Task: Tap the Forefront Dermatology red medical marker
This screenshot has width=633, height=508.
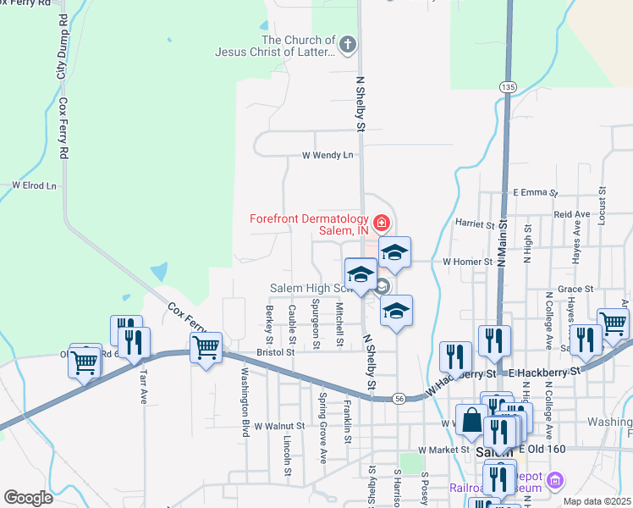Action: click(x=383, y=224)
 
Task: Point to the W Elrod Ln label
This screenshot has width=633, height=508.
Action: click(x=34, y=185)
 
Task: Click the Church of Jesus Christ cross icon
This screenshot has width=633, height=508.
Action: click(x=346, y=43)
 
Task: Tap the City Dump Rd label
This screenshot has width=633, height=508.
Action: click(x=62, y=58)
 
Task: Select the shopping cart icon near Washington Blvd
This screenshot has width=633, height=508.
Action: click(x=206, y=347)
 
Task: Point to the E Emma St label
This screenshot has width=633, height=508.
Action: click(x=535, y=193)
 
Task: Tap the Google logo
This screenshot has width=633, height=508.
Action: click(x=28, y=498)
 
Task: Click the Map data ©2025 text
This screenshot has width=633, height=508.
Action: click(x=597, y=501)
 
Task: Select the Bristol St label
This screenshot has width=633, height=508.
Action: click(x=275, y=351)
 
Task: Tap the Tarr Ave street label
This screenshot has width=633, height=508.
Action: click(x=144, y=386)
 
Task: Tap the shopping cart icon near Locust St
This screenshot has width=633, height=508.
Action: click(x=613, y=322)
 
